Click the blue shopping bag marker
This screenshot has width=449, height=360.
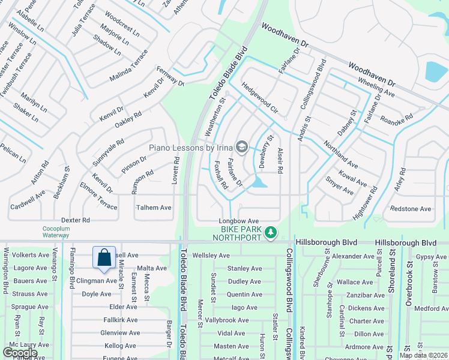coord(104,257)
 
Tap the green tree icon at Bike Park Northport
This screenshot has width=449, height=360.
coord(271,232)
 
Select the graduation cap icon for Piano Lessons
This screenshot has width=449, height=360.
coord(242,146)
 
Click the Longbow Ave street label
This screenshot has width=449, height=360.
coord(238,221)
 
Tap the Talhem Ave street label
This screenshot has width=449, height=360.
coord(154,208)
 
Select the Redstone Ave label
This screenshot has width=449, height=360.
coord(411,209)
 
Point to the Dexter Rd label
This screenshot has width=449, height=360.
coord(75,220)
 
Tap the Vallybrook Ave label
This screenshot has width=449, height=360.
coord(226,320)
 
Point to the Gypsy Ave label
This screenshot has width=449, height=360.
coord(431,257)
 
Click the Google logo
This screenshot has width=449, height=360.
coord(20,353)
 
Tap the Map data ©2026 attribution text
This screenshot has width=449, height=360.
coord(423,355)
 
